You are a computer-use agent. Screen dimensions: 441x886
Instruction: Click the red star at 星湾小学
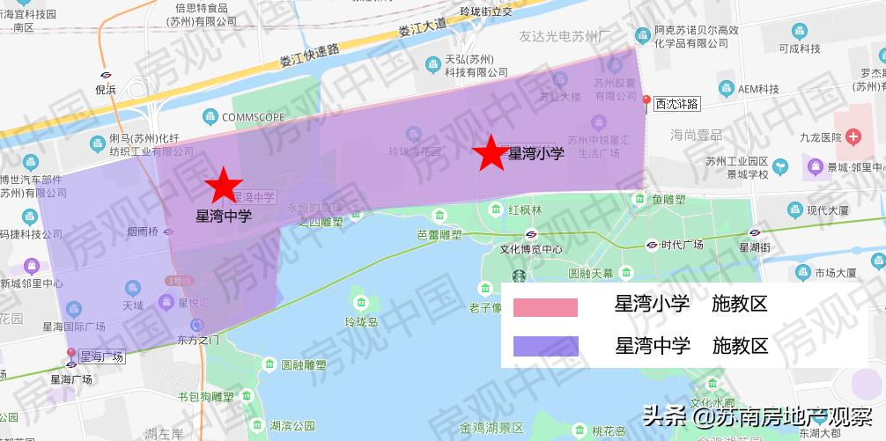pyautogui.click(x=491, y=154)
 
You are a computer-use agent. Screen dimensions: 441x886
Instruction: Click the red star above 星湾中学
pyautogui.click(x=224, y=186)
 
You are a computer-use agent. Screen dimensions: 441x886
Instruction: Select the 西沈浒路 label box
pyautogui.click(x=676, y=104)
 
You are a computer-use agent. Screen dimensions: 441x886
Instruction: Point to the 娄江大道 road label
pyautogui.click(x=422, y=29)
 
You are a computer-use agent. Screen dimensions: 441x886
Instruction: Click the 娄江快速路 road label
pyautogui.click(x=308, y=55)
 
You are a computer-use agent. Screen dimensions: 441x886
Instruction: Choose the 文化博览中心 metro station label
pyautogui.click(x=531, y=249)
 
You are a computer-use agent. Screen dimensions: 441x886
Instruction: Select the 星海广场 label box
pyautogui.click(x=100, y=356)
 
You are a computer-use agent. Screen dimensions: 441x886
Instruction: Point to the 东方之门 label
pyautogui.click(x=197, y=338)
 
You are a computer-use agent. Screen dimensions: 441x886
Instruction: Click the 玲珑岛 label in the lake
pyautogui.click(x=361, y=322)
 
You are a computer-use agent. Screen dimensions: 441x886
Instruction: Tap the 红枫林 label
pyautogui.click(x=525, y=210)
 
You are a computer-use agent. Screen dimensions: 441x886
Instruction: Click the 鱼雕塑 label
pyautogui.click(x=668, y=200)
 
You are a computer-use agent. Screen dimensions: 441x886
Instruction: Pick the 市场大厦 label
pyautogui.click(x=837, y=273)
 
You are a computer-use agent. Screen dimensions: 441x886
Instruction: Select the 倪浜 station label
pyautogui.click(x=105, y=89)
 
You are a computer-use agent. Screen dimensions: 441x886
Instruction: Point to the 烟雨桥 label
pyautogui.click(x=142, y=232)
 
